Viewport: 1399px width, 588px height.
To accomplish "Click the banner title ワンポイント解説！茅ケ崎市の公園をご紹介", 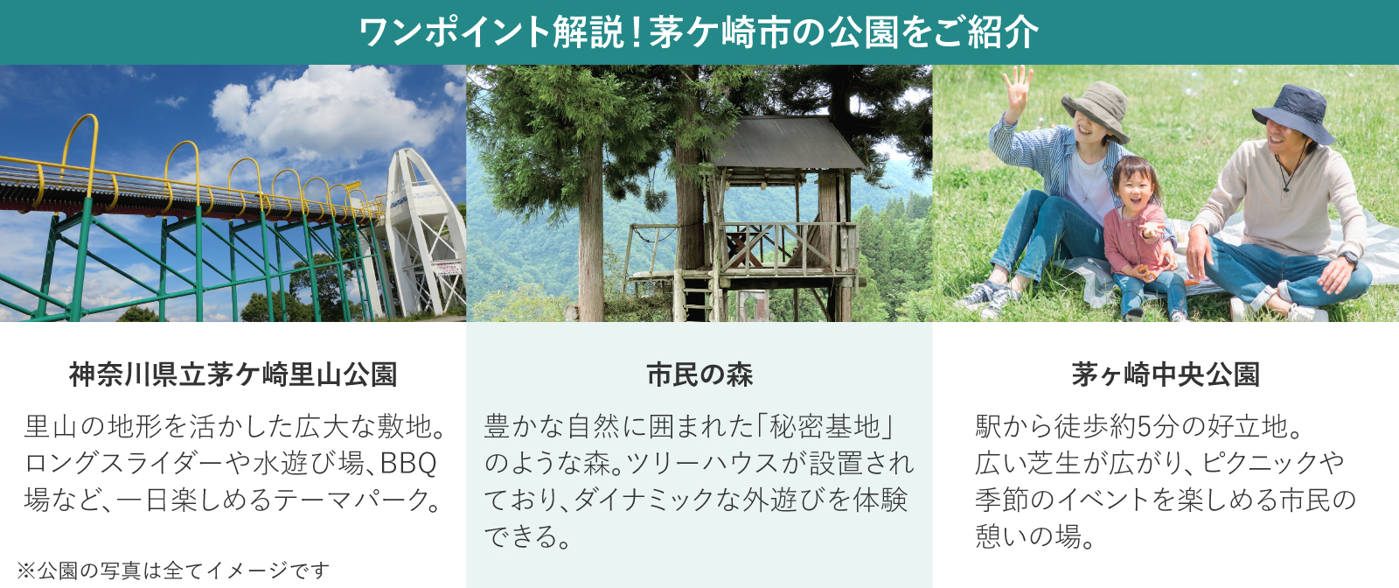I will click(699, 32).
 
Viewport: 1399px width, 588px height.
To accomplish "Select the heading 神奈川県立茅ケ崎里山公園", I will click(233, 374).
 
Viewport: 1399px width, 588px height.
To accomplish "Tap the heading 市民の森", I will click(699, 374).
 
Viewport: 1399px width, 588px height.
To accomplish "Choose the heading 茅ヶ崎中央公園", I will click(1166, 374).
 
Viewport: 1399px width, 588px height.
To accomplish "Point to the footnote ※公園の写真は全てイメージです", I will click(173, 570).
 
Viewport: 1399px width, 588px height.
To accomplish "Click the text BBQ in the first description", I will click(408, 463).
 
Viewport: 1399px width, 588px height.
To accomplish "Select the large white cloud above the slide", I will click(332, 114).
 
